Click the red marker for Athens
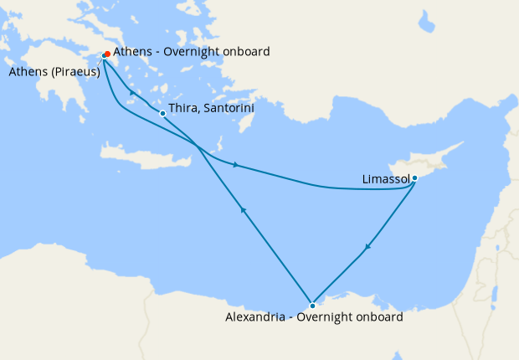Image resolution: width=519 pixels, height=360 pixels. click(108, 54)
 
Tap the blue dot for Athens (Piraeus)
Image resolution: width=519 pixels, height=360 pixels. click(104, 56)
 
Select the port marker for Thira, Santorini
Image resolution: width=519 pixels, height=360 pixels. click(162, 113)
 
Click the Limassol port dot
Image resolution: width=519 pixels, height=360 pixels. click(414, 177)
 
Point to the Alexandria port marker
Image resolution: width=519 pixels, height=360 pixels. click(312, 306)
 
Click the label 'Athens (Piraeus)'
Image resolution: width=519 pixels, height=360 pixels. click(54, 72)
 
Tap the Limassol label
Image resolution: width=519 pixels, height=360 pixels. click(386, 179)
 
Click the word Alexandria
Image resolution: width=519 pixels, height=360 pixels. click(255, 318)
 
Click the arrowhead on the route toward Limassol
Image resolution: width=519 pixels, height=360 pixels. click(238, 164)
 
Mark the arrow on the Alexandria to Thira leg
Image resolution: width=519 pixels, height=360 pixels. click(243, 210)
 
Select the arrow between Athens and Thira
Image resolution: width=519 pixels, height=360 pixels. click(133, 92)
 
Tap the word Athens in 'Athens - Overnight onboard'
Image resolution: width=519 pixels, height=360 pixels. click(132, 52)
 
